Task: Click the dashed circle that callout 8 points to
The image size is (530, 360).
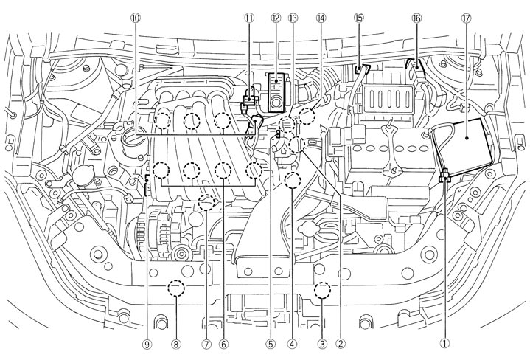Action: pos(175,288)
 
